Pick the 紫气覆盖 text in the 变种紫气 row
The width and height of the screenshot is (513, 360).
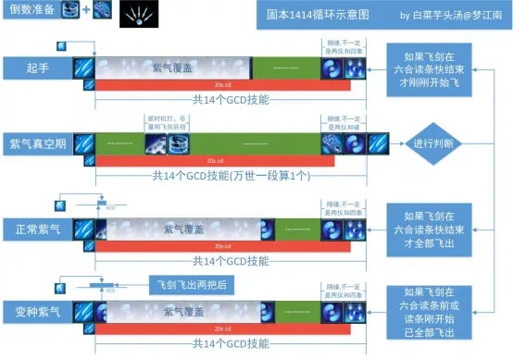tap(189, 308)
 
